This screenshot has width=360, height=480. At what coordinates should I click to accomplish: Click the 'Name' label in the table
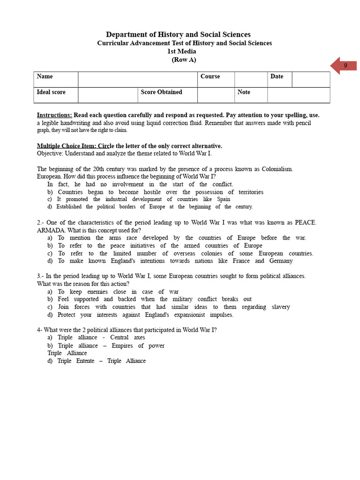coord(45,76)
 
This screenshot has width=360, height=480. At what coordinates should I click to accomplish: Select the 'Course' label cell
coord(210,76)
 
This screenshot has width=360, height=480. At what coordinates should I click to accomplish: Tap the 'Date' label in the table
coord(277,76)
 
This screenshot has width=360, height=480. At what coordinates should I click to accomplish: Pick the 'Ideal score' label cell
coord(51,92)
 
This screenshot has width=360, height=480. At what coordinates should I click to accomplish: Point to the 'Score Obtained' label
coord(162,92)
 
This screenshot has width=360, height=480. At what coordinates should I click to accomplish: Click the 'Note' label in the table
coord(244,92)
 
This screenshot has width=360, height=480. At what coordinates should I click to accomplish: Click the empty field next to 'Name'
coord(137,79)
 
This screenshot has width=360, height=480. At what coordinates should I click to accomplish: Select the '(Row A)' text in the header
coord(184,60)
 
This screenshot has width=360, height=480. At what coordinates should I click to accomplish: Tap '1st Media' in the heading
coord(182,52)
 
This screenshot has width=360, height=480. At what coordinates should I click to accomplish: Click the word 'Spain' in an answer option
coord(224,199)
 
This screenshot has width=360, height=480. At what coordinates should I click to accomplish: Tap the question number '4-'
coord(40,330)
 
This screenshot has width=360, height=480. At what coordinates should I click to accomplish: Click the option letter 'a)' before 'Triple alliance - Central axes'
coord(50,337)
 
